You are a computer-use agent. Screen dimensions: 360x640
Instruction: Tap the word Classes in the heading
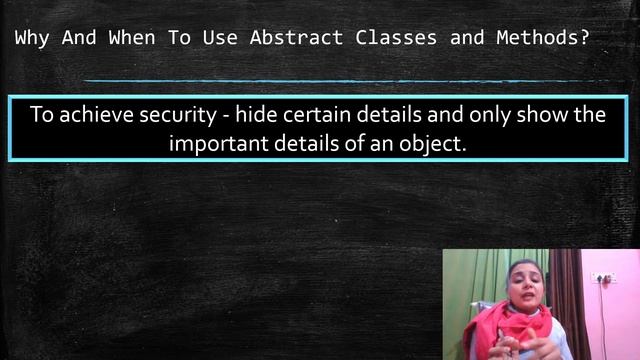[392, 39]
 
